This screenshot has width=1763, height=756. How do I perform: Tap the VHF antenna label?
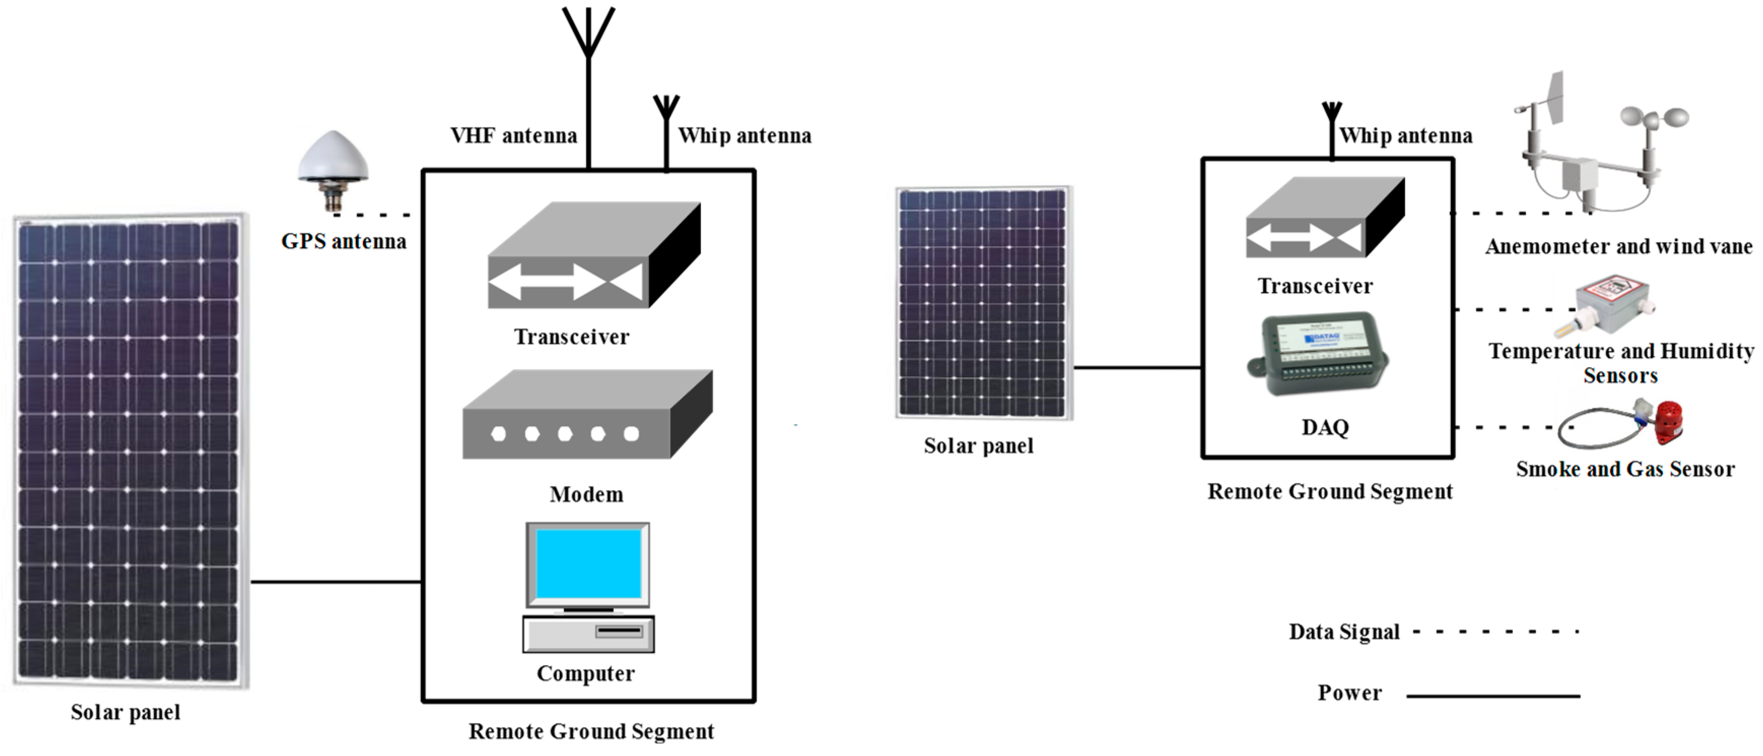click(513, 136)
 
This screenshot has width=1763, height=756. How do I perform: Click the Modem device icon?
click(587, 416)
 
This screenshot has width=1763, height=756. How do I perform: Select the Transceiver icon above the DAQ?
click(1324, 218)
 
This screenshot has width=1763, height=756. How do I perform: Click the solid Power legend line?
click(1493, 696)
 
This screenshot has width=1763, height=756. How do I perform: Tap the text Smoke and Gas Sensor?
click(1625, 469)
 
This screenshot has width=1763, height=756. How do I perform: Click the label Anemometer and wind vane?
click(1618, 247)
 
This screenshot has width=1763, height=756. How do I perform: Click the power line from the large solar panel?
click(335, 582)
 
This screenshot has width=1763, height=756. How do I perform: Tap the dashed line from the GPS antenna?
click(373, 215)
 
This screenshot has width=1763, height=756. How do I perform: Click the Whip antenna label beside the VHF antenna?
click(745, 136)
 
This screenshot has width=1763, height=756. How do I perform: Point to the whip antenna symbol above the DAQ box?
click(1332, 130)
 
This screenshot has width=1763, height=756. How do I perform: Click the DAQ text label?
click(1325, 428)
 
